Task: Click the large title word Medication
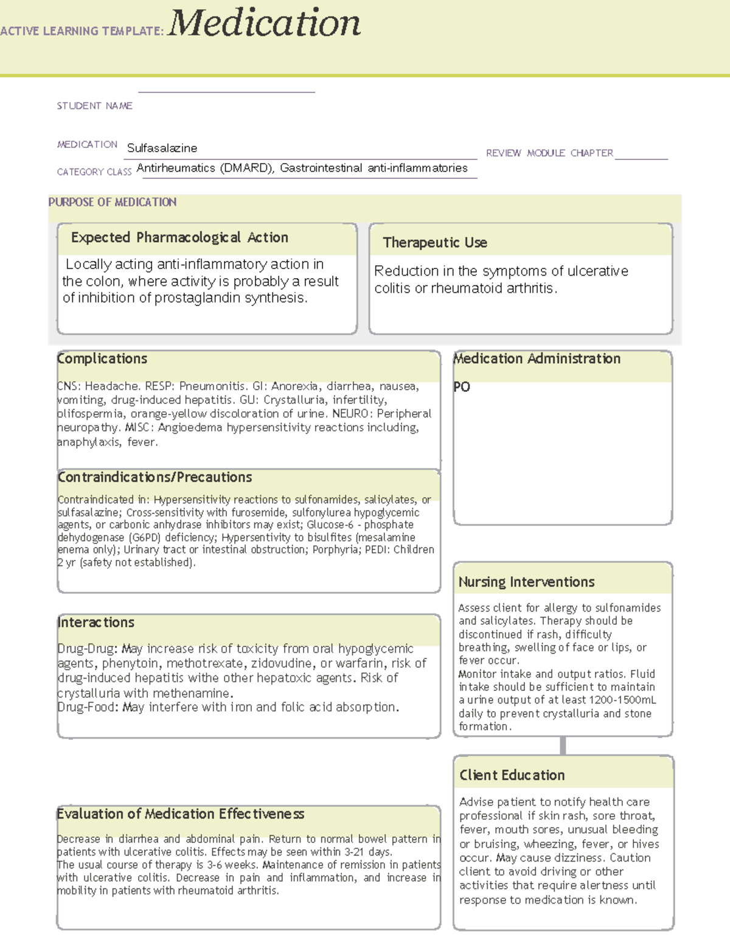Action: click(x=264, y=24)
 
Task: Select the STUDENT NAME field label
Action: click(x=94, y=106)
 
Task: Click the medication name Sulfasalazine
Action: click(x=162, y=148)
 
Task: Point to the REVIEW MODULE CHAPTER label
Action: click(x=549, y=153)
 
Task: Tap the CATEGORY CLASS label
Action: click(x=94, y=172)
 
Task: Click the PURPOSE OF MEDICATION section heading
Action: click(x=113, y=202)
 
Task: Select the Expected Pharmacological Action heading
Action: click(x=179, y=237)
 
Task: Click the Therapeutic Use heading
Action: click(x=435, y=242)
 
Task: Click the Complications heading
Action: click(x=102, y=358)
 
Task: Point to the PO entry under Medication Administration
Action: click(x=462, y=387)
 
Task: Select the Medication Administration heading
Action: click(x=537, y=358)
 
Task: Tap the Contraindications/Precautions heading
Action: click(x=155, y=477)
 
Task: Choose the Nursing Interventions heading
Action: click(x=526, y=582)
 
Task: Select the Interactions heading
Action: click(x=96, y=622)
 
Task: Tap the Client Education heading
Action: click(x=512, y=775)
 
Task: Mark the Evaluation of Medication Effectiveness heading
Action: click(x=180, y=814)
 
